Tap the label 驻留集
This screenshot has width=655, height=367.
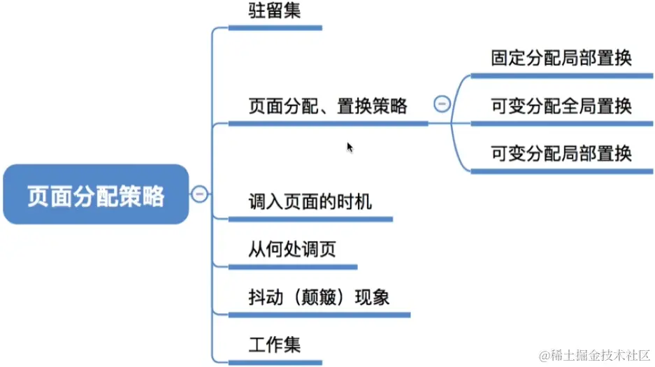coord(274,10)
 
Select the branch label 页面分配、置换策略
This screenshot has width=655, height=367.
coord(328,106)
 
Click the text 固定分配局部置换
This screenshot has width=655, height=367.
coord(561,58)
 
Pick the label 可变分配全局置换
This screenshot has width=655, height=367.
coord(561,106)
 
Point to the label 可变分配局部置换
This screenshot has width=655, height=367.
coord(561,153)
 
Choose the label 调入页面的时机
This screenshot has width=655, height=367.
coord(310,203)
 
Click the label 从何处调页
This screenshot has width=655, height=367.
coord(292,250)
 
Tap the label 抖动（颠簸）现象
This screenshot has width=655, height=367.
coord(319,297)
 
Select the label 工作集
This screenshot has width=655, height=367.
coord(274,345)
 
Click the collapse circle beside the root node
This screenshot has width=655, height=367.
coord(199,194)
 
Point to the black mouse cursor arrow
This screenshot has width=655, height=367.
coord(350,147)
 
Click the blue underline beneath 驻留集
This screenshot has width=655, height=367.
coord(275,28)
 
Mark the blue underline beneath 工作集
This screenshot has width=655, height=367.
coord(275,361)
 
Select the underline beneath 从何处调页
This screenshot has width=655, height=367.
coord(293,266)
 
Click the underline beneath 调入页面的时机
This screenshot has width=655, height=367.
coord(310,219)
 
